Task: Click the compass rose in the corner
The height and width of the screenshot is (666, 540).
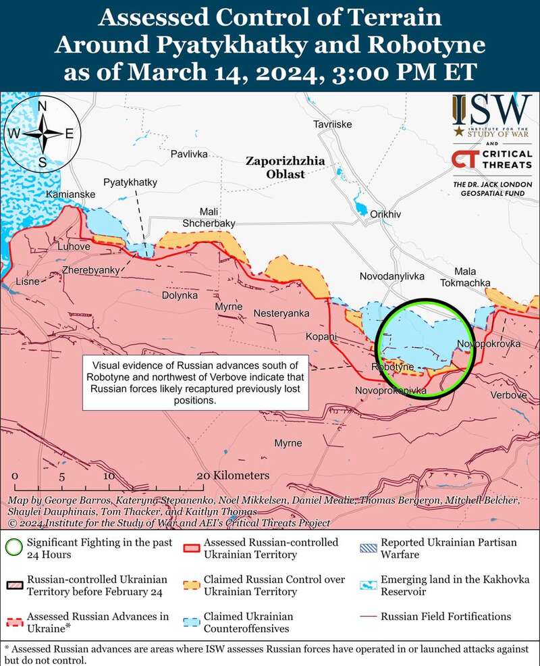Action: tap(41, 134)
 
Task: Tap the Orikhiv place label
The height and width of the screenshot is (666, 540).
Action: tap(385, 214)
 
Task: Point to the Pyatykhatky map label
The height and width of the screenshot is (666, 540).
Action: tap(130, 183)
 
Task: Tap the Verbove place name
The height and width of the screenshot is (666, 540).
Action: tap(508, 394)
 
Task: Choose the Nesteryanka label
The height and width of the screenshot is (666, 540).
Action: tap(281, 313)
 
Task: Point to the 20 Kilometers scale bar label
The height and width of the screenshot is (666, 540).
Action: tap(233, 476)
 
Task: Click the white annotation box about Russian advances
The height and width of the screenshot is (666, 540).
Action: tap(195, 382)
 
